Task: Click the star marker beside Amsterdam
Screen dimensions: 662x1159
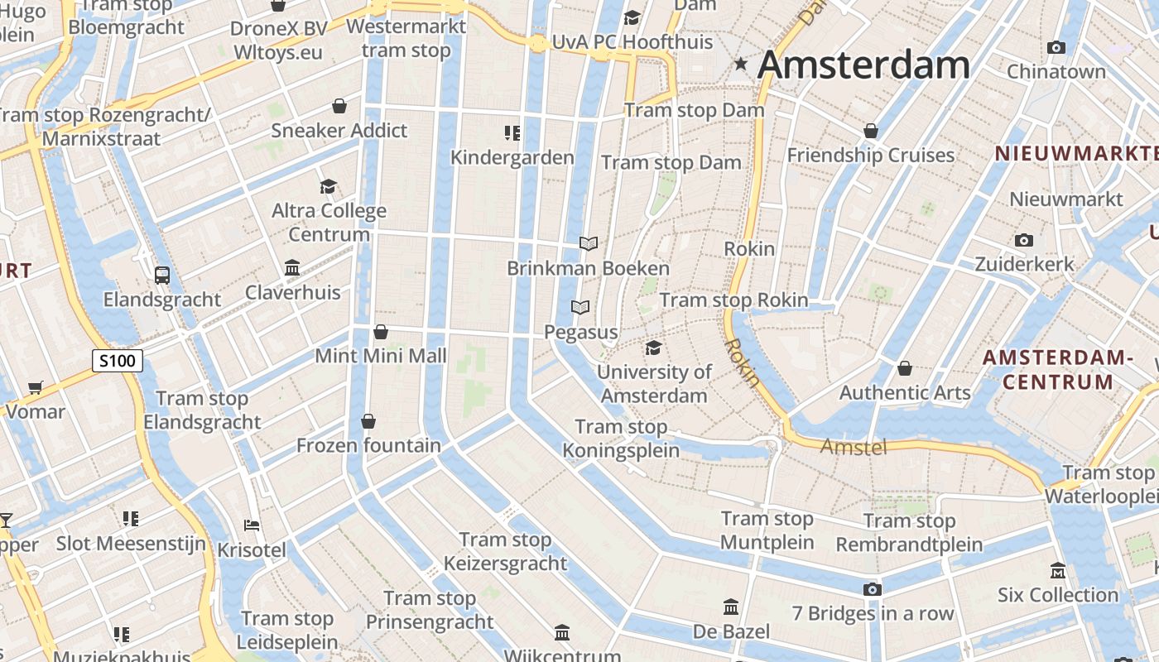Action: pos(741,64)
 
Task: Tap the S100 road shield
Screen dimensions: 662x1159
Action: pos(117,361)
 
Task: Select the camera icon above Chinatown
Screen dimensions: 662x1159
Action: pos(1056,48)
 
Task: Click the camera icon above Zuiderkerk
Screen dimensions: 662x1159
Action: pos(1024,241)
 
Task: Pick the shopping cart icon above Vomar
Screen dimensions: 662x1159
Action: pos(35,387)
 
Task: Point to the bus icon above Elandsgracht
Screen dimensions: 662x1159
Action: pos(162,276)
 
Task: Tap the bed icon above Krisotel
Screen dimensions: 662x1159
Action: pos(252,525)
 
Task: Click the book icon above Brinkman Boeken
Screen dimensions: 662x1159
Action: pos(589,243)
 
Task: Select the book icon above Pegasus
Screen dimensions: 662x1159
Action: pos(581,308)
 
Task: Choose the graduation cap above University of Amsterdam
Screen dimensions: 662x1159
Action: pos(654,348)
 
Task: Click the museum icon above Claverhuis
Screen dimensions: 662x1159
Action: pos(292,268)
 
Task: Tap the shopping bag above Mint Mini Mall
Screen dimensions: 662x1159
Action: pos(381,332)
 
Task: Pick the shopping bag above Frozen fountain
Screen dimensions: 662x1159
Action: pos(368,421)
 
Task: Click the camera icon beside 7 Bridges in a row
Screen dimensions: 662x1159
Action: pos(872,589)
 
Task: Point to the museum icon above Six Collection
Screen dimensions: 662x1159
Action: pos(1057,571)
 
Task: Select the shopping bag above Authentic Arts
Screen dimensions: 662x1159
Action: pos(905,367)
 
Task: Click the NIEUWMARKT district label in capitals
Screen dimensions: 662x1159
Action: pos(1076,153)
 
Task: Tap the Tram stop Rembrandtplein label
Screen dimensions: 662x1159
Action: pos(909,533)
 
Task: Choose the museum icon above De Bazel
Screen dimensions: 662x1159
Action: pos(731,607)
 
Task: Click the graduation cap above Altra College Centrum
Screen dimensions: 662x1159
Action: pos(329,187)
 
